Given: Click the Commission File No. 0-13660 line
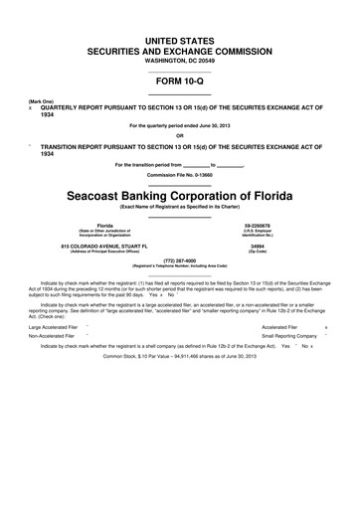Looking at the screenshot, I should pos(180,176).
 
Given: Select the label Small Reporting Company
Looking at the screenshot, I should pos(289,336).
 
